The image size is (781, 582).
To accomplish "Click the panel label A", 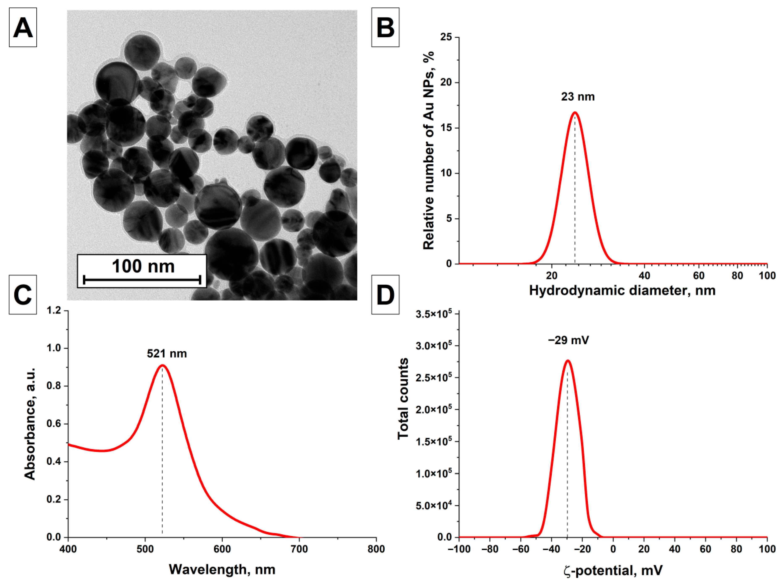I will click(x=23, y=28).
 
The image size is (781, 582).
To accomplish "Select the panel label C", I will click(x=23, y=294).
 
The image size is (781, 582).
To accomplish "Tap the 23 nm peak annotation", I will click(x=578, y=97).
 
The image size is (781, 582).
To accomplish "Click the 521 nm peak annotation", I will click(x=167, y=353).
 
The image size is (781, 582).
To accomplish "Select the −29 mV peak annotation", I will click(x=568, y=340).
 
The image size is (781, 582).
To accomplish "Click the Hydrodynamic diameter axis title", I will click(x=622, y=291).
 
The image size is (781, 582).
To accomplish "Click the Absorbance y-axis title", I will click(x=30, y=423).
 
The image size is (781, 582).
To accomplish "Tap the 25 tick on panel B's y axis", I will click(x=446, y=37).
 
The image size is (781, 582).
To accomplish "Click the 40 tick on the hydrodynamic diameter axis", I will click(x=644, y=276).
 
